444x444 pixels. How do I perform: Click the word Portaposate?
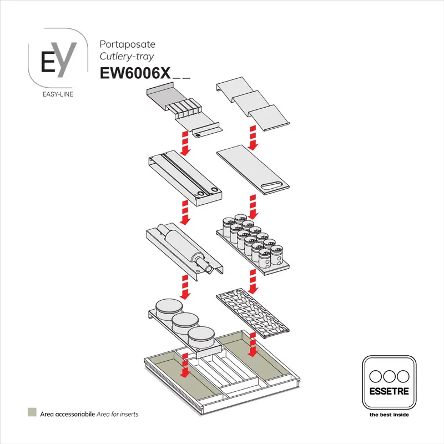click(x=127, y=44)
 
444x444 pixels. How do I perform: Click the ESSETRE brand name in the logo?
click(x=389, y=391)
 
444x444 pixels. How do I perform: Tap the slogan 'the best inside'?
click(x=389, y=414)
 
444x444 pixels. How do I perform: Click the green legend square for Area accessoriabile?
click(x=32, y=413)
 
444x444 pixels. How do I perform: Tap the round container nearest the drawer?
click(x=201, y=337)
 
